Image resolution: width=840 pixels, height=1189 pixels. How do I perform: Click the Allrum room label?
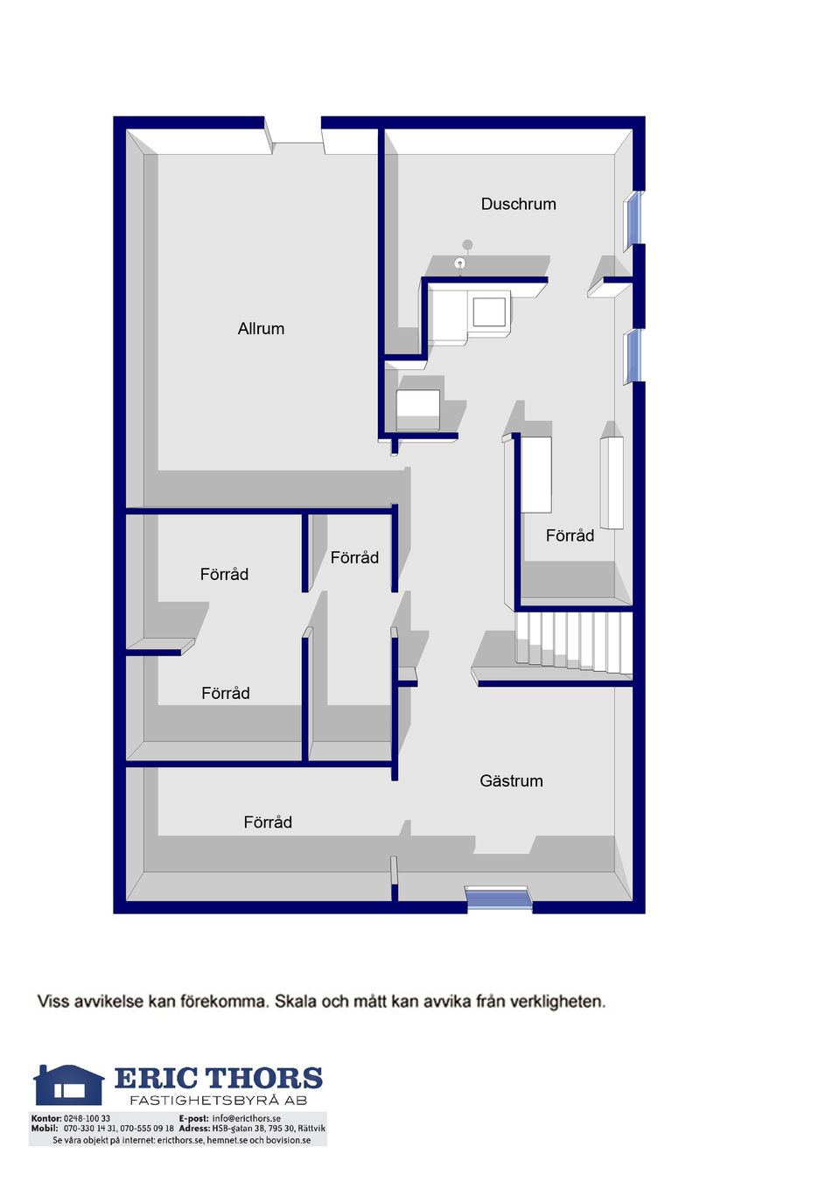coord(261,329)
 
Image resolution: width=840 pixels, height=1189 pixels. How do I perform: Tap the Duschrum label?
coord(518,204)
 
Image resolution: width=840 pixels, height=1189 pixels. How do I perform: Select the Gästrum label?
coord(511,780)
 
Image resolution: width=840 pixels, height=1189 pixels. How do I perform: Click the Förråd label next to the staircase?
coord(570,535)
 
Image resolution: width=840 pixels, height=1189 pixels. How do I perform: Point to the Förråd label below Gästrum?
coord(268,822)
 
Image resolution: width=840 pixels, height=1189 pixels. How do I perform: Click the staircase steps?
coord(573,642)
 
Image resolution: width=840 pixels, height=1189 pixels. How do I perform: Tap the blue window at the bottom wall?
coord(498,900)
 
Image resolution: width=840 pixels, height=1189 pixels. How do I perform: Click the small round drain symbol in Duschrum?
coord(459,262)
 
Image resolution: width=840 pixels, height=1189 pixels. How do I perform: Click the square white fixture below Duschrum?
coord(489,311)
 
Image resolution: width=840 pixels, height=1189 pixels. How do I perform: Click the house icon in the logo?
coord(68,1084)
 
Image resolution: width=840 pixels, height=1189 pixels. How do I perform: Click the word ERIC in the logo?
coord(155,1079)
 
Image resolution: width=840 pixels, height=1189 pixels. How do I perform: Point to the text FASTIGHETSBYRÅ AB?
coord(219,1101)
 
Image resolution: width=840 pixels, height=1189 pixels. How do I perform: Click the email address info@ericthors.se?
coord(246,1118)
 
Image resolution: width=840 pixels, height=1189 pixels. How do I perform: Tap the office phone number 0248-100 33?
coord(87,1118)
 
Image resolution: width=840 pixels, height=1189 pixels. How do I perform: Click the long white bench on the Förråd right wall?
coord(611,482)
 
